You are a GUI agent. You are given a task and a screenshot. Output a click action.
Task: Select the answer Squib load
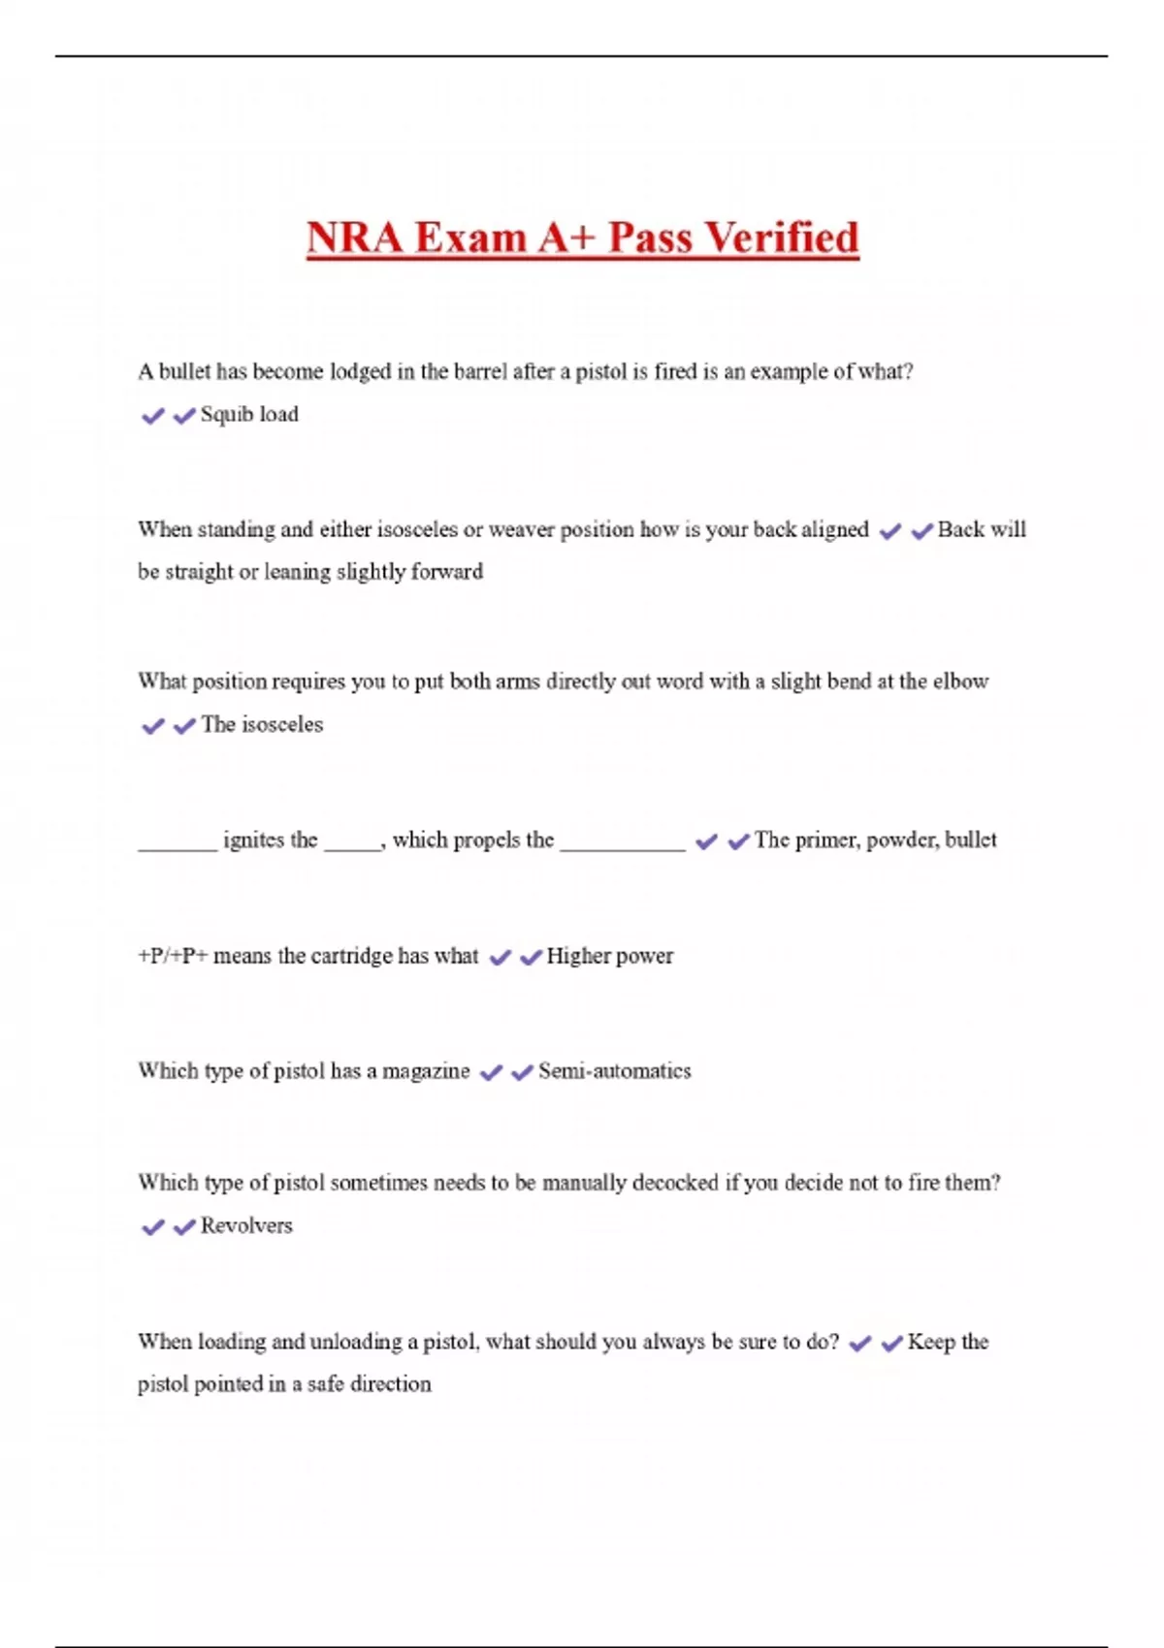(249, 415)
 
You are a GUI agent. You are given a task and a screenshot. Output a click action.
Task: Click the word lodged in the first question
(360, 371)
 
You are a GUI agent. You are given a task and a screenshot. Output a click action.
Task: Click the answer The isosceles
(262, 725)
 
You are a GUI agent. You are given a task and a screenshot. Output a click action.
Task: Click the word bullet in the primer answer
(971, 840)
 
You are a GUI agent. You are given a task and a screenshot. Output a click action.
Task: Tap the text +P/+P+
(173, 956)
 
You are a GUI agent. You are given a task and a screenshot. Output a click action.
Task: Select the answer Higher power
(609, 956)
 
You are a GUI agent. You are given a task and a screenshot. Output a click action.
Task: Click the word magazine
(426, 1071)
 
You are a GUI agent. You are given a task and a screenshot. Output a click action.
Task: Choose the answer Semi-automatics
(615, 1071)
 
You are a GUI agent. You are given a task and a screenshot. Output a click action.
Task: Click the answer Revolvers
(246, 1226)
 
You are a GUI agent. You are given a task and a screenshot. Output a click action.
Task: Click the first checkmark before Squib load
(152, 416)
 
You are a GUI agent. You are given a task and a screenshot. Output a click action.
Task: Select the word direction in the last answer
(390, 1384)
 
